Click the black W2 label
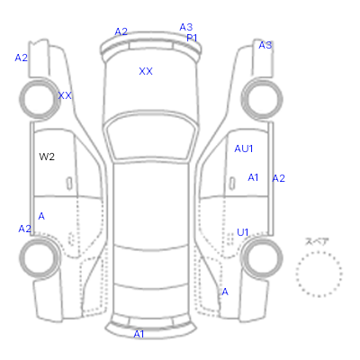[47, 157]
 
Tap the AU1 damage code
[244, 148]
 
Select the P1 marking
[192, 38]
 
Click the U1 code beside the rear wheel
[242, 232]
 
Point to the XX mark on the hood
[146, 71]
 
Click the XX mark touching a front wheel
[65, 95]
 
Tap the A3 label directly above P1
[186, 27]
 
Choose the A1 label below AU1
[253, 177]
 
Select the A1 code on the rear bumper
[139, 334]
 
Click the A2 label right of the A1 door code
[278, 178]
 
